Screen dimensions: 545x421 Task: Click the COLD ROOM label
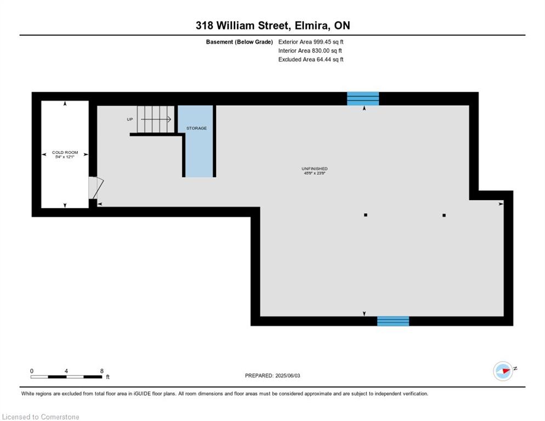65,152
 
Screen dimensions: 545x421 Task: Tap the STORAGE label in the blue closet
196,128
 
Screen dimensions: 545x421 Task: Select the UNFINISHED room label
315,169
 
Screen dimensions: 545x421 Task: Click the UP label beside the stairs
129,120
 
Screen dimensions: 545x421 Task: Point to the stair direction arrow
156,120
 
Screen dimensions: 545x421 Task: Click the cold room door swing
96,188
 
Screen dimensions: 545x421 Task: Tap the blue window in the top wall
363,98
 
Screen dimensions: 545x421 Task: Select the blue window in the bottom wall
393,321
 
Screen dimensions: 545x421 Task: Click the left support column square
366,215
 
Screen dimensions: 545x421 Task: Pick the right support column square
444,215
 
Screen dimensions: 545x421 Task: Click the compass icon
503,371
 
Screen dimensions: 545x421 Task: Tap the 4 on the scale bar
66,371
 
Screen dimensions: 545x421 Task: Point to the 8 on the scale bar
102,371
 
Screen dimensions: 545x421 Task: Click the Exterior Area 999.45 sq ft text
311,42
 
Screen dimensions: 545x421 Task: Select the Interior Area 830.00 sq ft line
310,50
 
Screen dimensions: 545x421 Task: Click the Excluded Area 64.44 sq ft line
311,59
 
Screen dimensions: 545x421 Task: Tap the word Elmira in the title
311,25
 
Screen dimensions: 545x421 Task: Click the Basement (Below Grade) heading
240,42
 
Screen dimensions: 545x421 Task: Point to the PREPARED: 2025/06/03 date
272,376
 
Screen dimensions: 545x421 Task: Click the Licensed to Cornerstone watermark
41,417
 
